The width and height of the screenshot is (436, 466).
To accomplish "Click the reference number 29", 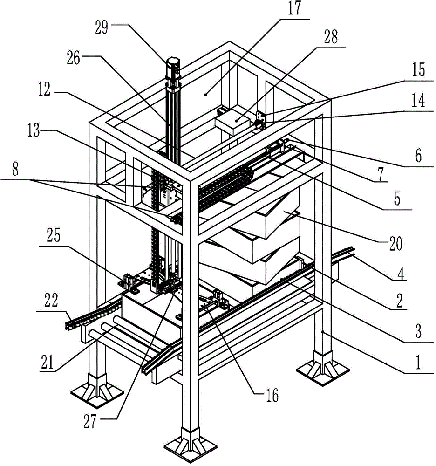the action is click(102, 28).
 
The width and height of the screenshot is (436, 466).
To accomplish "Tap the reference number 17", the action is click(294, 7).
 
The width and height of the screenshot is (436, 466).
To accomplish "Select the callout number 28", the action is click(331, 37).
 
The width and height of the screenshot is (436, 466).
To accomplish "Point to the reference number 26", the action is click(74, 58).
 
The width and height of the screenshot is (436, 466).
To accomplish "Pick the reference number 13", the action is click(33, 130).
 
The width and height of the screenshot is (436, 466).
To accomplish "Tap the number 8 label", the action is click(15, 170).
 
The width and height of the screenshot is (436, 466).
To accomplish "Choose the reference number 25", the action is click(54, 236).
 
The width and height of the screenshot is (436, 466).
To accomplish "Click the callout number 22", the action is click(51, 301).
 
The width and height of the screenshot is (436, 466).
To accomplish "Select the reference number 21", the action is click(47, 362).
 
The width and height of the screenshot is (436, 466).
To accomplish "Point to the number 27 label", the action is click(90, 421).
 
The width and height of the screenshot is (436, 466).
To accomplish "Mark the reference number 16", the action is click(272, 395).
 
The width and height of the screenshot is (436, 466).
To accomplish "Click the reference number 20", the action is click(396, 244).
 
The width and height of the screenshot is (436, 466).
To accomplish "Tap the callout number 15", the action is click(418, 69).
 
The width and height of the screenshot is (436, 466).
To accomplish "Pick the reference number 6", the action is click(418, 156).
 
